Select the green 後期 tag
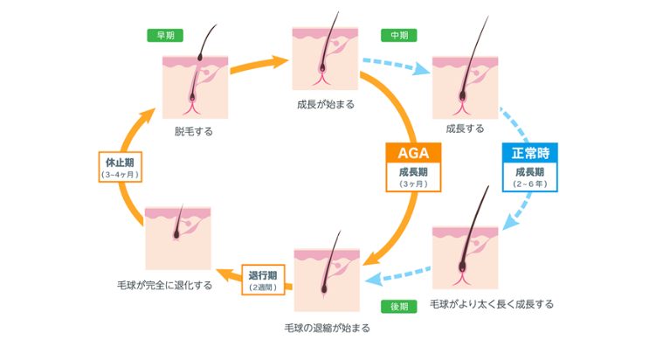399,307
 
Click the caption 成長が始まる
326,102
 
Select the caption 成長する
465,128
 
